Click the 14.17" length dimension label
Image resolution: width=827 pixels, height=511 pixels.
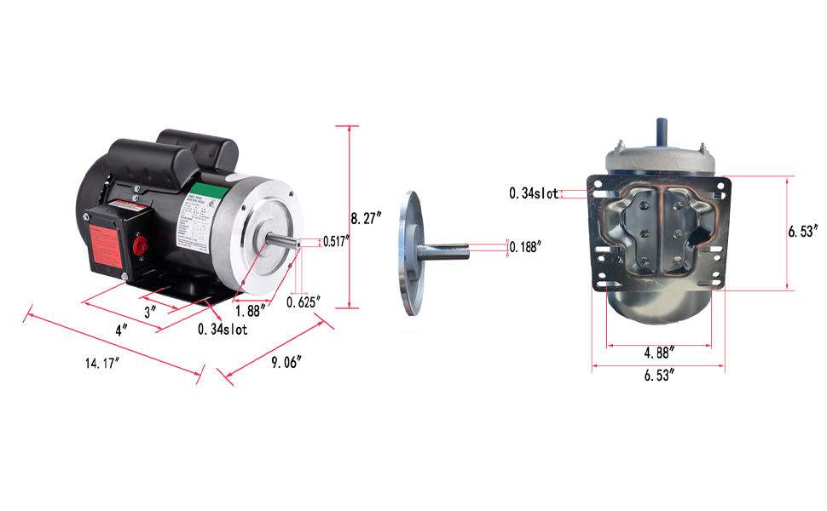(x=101, y=363)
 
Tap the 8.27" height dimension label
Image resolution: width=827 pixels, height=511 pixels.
(x=367, y=217)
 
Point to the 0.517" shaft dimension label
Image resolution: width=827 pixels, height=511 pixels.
(x=337, y=241)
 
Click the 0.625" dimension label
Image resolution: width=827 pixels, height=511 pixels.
(x=303, y=301)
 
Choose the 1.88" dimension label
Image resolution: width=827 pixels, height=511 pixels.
(x=250, y=311)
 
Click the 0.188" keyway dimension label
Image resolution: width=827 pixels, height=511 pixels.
(x=525, y=247)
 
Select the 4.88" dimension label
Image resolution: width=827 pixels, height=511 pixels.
(x=658, y=351)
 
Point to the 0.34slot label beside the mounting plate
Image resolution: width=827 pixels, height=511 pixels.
(x=534, y=193)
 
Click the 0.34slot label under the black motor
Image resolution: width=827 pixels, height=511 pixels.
(x=223, y=330)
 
